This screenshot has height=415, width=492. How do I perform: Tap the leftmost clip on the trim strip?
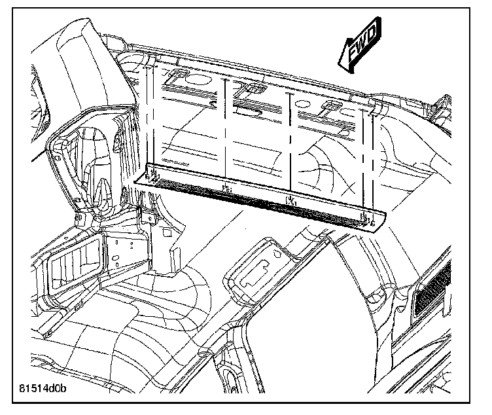coord(154,175)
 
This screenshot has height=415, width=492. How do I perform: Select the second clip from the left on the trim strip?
coord(226,189)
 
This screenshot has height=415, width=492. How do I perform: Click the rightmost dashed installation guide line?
coord(367,157)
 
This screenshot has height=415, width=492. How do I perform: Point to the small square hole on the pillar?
coord(166,232)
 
